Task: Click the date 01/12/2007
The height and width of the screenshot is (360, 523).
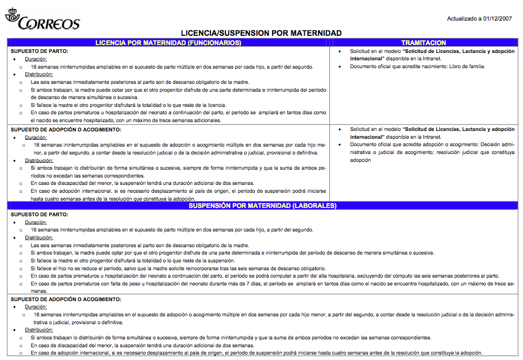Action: pos(497,19)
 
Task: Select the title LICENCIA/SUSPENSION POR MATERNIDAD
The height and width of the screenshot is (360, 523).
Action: pos(261,33)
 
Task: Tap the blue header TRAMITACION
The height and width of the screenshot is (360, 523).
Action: pos(423,43)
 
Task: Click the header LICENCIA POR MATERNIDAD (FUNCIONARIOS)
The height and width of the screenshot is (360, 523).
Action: pos(168,43)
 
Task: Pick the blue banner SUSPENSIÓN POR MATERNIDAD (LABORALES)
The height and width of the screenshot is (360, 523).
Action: pos(262,206)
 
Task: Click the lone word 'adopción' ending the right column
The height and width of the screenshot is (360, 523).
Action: pos(360,160)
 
